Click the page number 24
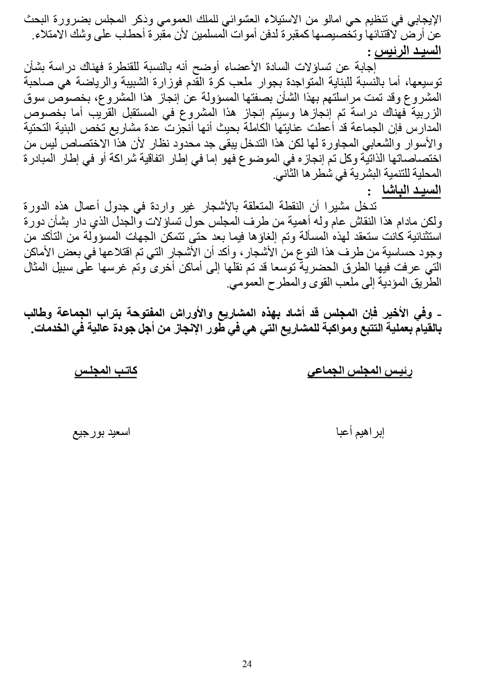[247, 664]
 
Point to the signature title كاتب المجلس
[106, 371]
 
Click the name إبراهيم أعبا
[360, 432]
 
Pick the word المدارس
[427, 128]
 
